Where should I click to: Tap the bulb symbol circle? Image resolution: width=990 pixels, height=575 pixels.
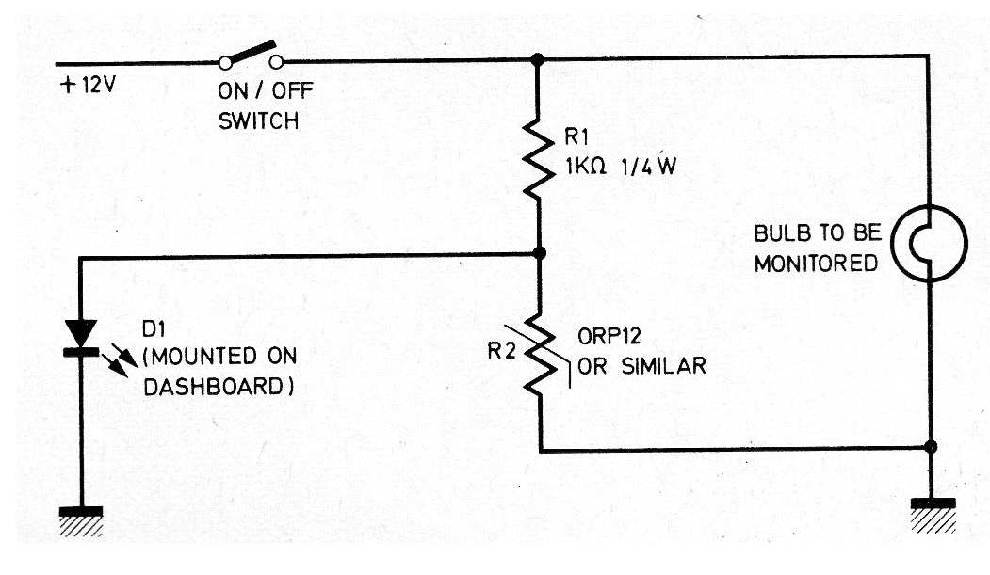coord(929,244)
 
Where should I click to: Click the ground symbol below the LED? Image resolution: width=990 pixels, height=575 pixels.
coord(82,517)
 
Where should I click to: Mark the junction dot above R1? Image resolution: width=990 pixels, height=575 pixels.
coord(538,58)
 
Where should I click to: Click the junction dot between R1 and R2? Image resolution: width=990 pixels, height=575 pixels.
coord(539,253)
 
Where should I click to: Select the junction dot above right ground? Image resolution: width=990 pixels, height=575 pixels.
coord(932,447)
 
